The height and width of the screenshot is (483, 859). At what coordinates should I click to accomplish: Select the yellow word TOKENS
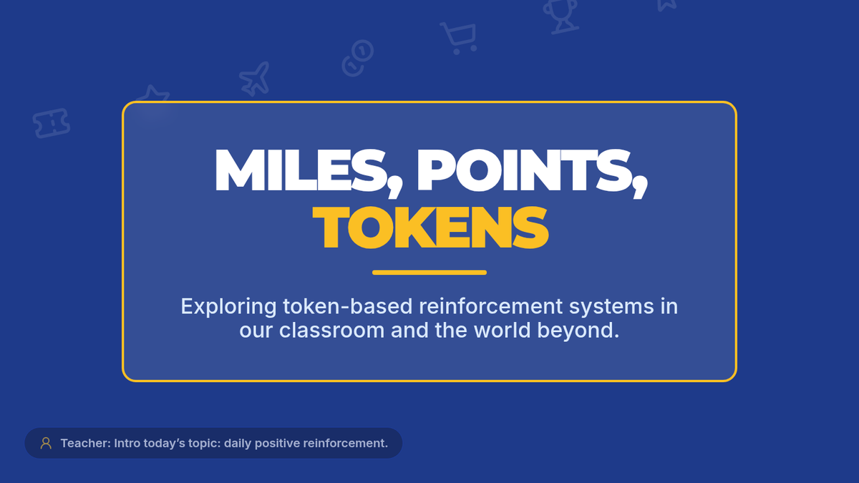[430, 228]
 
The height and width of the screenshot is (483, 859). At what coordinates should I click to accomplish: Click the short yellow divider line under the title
[429, 273]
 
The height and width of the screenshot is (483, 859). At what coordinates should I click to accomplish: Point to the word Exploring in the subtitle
[228, 307]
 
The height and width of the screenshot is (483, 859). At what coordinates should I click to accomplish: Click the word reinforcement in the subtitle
[491, 306]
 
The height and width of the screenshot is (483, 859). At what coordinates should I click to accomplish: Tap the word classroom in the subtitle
[331, 330]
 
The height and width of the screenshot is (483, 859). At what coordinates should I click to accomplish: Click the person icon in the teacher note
[46, 443]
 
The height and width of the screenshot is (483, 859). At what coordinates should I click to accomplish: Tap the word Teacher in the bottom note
[85, 443]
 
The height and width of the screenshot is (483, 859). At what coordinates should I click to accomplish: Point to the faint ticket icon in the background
[52, 123]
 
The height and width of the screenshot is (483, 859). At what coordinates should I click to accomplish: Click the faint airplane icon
[255, 79]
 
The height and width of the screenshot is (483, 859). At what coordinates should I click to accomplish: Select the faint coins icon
[358, 58]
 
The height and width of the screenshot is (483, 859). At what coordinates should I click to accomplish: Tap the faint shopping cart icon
[460, 38]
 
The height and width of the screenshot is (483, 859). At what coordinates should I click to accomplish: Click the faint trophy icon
[560, 16]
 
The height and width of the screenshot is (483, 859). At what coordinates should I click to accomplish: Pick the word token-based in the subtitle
[347, 306]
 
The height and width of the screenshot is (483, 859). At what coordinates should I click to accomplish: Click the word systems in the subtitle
[611, 307]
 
